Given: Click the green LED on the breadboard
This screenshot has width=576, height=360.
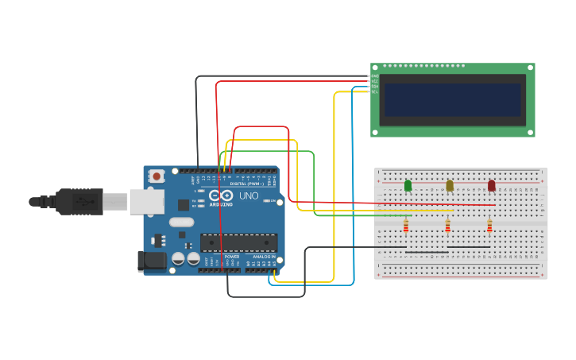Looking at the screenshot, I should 408,185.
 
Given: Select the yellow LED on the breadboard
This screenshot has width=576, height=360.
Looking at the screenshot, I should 450,185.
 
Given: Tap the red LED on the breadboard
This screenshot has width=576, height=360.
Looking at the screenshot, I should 491,185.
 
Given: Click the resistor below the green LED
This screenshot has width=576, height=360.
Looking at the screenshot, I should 406,227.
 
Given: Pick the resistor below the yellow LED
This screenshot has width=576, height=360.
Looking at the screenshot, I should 447,227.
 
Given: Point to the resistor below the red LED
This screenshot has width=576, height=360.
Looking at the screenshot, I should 489,227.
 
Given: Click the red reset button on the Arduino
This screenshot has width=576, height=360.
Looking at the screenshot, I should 157,176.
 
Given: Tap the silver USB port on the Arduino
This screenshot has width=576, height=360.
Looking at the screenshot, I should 147,202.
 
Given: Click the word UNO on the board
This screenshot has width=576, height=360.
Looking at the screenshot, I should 249,195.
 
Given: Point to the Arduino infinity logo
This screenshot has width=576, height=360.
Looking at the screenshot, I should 226,195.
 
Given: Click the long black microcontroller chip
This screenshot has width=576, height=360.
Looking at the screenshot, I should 238,242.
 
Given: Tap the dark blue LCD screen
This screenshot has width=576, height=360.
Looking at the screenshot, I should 453,100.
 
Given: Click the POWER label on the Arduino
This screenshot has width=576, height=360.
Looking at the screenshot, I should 231,257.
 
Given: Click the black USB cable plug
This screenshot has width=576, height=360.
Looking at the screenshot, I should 79,202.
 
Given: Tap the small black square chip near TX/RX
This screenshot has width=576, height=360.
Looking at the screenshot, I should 183,205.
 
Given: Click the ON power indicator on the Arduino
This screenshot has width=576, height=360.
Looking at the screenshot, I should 273,201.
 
